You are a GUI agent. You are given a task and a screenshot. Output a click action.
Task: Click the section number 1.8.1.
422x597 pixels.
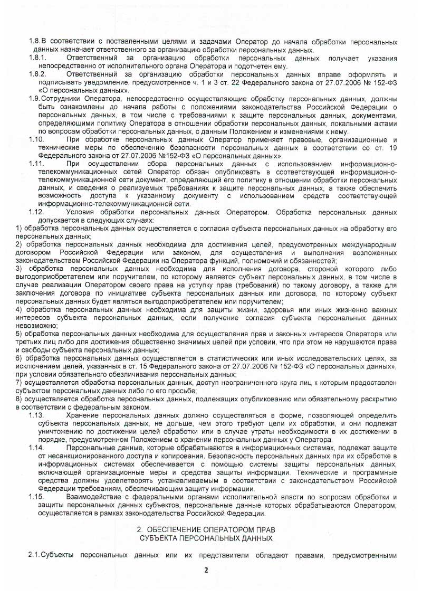39,58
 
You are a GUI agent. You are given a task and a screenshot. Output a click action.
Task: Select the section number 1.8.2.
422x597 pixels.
39,74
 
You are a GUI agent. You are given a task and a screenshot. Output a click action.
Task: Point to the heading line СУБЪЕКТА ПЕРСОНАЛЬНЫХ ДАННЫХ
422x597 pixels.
207,537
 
